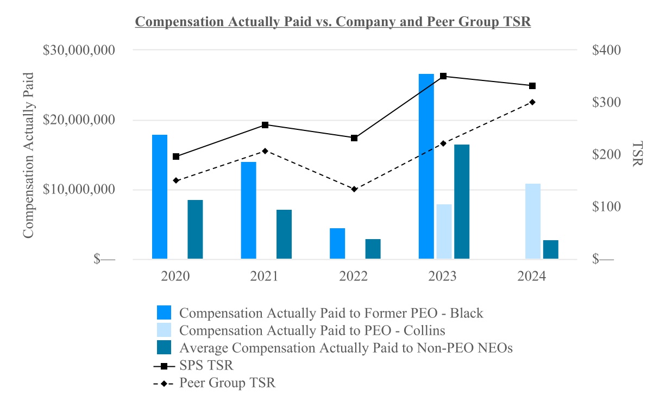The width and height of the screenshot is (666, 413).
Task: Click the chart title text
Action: point(332,22)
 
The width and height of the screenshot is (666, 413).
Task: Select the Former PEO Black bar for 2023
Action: point(426,166)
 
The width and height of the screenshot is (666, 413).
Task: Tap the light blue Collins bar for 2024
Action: point(533,222)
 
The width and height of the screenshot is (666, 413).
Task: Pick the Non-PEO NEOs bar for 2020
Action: point(195,229)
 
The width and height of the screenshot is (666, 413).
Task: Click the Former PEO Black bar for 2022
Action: point(337,243)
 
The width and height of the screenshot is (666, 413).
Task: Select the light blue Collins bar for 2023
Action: point(444,231)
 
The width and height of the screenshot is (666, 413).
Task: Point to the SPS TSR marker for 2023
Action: point(443,76)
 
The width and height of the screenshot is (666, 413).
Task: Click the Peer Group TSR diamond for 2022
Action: point(354,189)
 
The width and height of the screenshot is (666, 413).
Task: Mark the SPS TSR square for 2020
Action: point(176,157)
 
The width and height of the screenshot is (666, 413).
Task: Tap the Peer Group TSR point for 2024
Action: point(532,102)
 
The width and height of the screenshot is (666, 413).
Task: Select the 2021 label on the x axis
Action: point(264,276)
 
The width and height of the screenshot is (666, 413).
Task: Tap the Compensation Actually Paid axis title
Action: point(28,154)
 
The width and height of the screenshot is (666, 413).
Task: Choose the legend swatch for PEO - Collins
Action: point(164,330)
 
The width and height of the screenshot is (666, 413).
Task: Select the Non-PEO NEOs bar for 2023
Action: point(462,202)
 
